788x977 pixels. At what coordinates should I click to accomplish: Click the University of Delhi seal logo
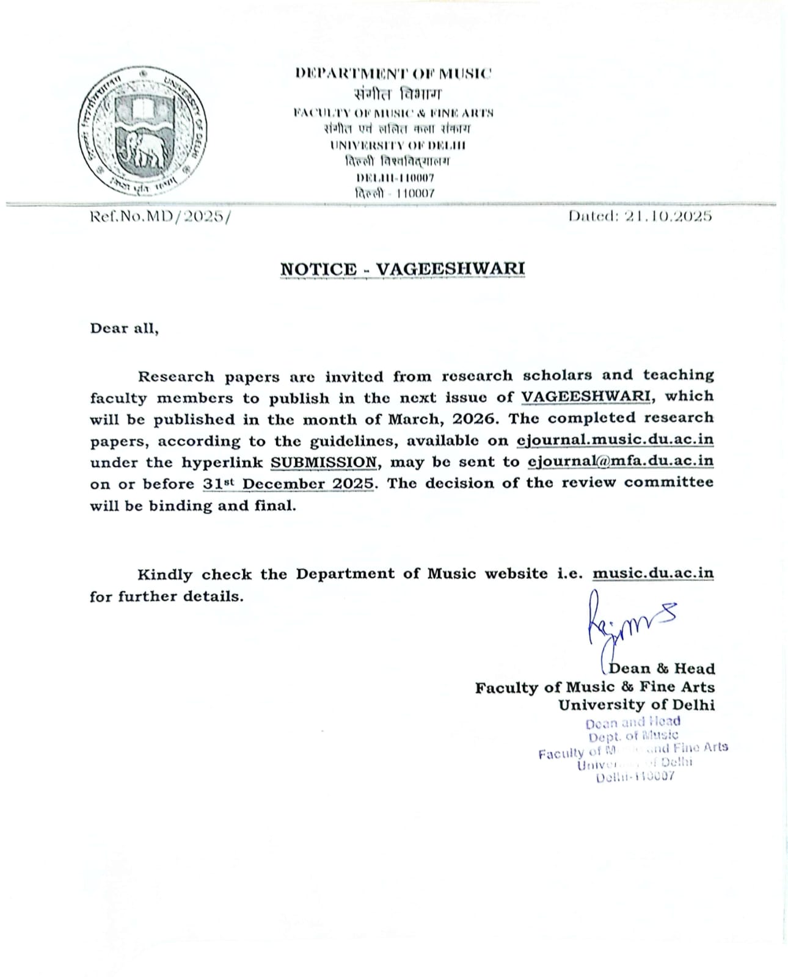point(142,131)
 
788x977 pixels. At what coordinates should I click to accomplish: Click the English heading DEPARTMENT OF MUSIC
point(393,74)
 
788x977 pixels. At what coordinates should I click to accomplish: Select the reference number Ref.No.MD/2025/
point(161,217)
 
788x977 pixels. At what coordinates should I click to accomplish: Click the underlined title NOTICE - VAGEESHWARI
point(403,269)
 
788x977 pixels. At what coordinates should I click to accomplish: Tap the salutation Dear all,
point(125,329)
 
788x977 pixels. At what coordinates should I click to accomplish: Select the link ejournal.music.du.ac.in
point(615,440)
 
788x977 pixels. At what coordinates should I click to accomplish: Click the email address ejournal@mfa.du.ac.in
point(620,461)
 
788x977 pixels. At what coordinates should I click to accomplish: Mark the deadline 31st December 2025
point(288,484)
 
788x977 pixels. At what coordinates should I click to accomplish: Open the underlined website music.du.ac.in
point(652,573)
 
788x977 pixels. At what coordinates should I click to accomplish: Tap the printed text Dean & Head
point(662,669)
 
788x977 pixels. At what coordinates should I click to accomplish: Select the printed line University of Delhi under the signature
point(636,705)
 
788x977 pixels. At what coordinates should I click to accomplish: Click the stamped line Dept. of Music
point(633,736)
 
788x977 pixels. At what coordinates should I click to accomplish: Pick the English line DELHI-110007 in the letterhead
point(395,178)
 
